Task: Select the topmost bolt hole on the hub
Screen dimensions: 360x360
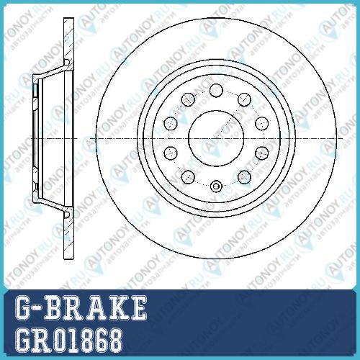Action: [216, 90]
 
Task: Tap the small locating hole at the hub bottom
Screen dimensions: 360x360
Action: [216, 186]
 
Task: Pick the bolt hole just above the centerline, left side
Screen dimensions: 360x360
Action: [171, 123]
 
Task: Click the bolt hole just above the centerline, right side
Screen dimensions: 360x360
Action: [261, 123]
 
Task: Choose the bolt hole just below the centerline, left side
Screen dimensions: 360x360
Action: [171, 153]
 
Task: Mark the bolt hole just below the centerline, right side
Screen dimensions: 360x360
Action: [261, 153]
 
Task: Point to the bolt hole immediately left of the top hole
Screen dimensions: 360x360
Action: [188, 99]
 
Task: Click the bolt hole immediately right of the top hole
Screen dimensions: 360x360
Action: [244, 99]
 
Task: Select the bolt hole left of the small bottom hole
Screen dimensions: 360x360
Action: [188, 177]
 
